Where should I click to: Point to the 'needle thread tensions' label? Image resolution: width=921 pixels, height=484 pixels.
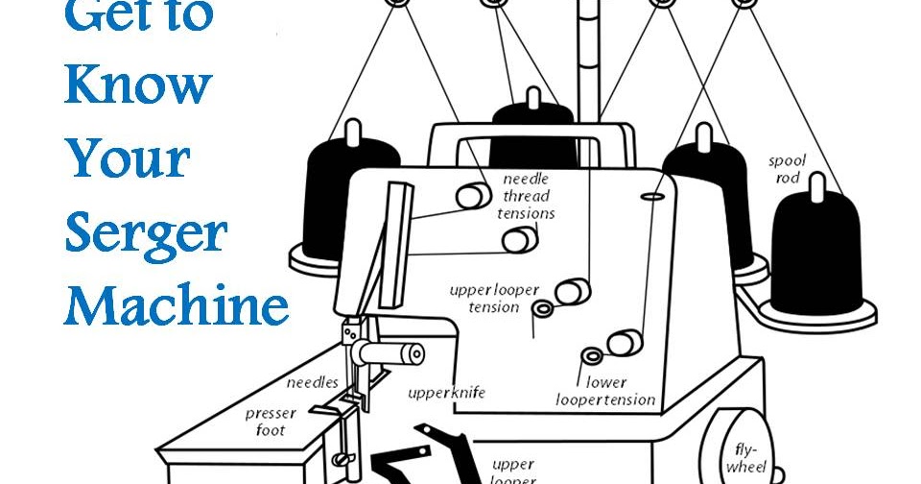[x=528, y=196]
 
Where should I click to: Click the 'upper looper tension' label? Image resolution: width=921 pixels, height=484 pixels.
[x=493, y=298]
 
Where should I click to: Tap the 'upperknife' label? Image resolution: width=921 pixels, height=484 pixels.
[x=446, y=392]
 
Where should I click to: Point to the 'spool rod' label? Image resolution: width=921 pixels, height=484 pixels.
[x=787, y=169]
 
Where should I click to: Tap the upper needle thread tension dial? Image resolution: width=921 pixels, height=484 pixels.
[x=472, y=195]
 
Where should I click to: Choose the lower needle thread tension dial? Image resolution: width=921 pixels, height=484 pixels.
[x=519, y=241]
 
